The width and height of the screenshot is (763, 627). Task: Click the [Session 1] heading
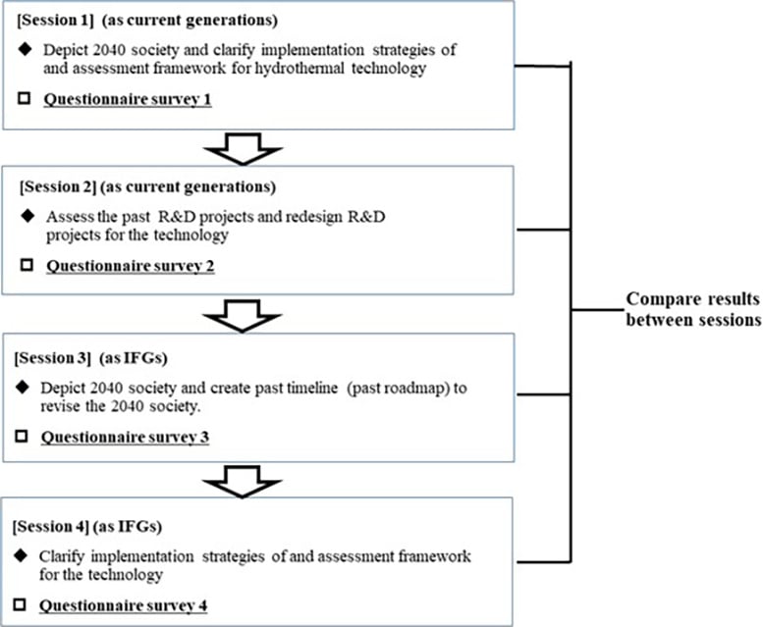click(x=57, y=21)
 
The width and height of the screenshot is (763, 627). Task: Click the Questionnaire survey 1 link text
click(x=128, y=99)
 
